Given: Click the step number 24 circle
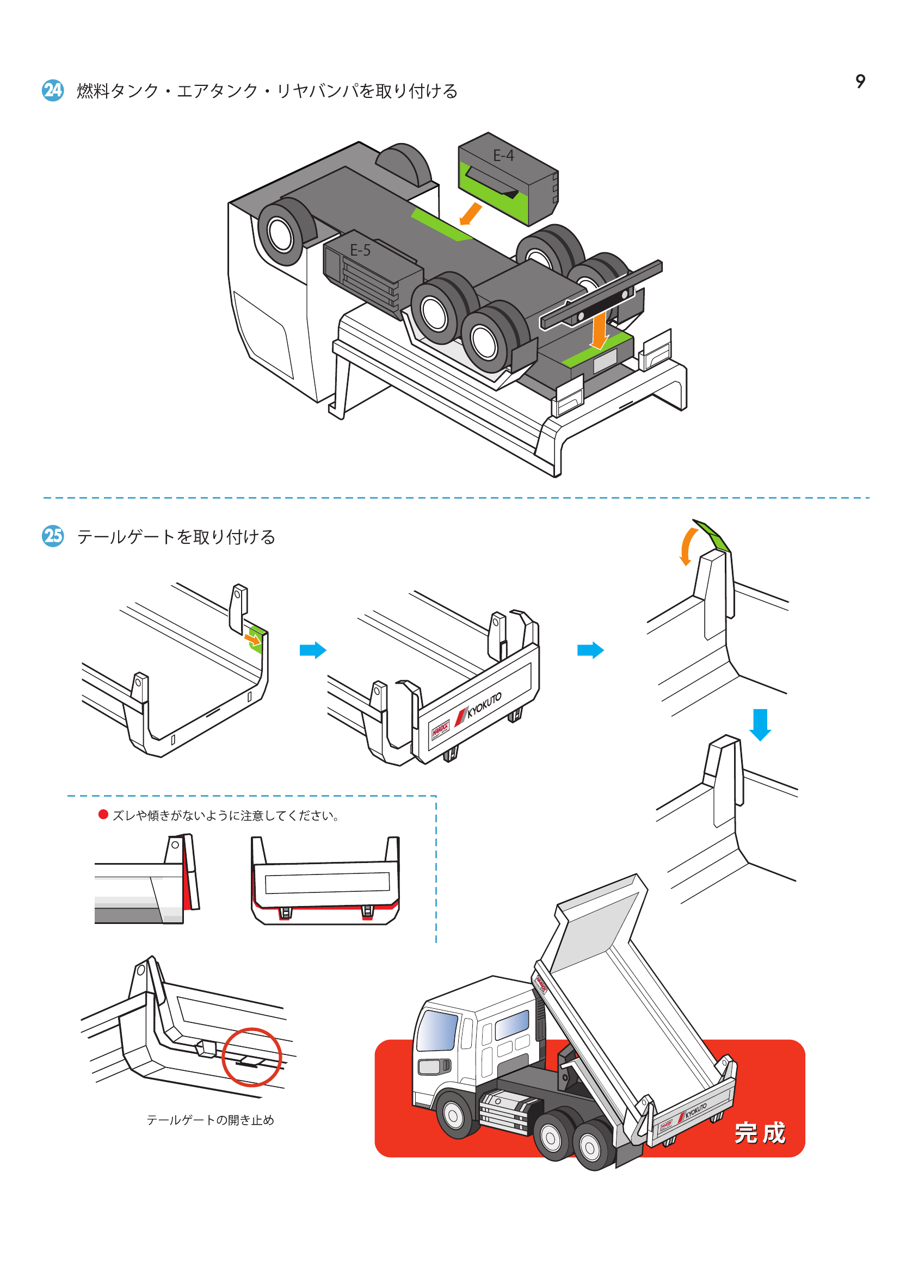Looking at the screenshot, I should [53, 90].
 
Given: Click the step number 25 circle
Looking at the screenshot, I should [53, 536].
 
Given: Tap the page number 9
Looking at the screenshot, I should [860, 82].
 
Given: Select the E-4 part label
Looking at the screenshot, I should [503, 156].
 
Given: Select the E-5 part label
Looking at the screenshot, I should [360, 250].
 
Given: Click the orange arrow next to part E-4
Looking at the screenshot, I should [471, 214].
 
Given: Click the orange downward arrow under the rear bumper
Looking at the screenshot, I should [599, 331].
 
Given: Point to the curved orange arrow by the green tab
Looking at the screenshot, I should [687, 546].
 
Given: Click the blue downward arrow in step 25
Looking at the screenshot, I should [760, 724].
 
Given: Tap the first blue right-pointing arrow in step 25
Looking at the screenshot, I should [312, 650].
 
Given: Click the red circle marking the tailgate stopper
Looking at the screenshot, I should [251, 1057].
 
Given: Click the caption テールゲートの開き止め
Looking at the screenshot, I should [210, 1120].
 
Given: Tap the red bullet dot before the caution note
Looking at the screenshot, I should [103, 815].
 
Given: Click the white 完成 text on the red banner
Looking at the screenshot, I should [760, 1132].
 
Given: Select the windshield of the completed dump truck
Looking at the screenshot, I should [437, 1031].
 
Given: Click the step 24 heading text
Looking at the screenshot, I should [267, 91].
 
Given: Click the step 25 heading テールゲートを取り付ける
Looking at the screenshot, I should [176, 537].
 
